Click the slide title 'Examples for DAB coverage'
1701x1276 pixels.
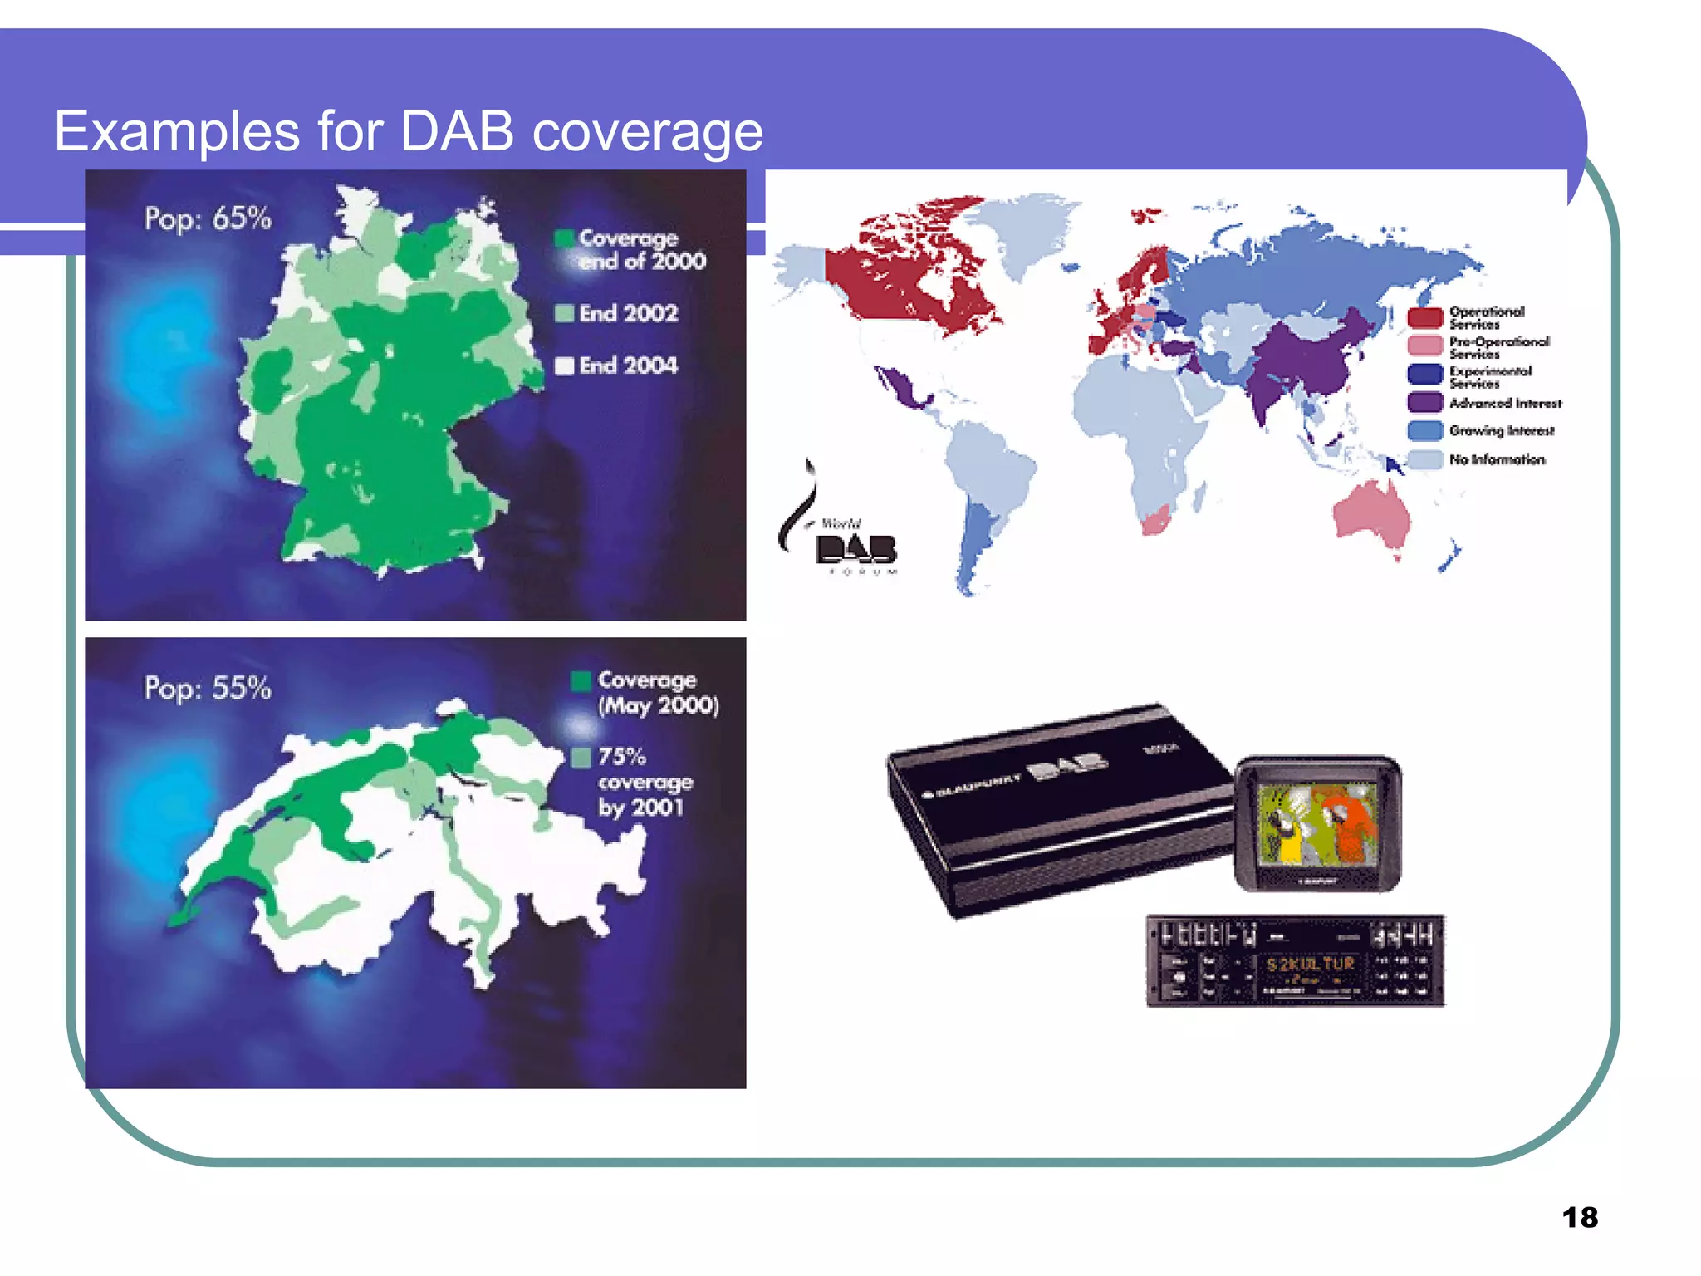pos(408,131)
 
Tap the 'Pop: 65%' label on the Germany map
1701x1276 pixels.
pos(208,218)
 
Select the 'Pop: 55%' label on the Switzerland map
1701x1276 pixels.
pos(208,688)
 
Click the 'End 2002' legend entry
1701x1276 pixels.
pos(627,313)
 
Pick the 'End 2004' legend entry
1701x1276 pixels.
pos(627,366)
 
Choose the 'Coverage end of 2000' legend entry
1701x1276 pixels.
pos(640,249)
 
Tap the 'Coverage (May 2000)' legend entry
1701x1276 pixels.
pos(656,692)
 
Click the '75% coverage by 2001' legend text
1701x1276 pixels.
pos(644,782)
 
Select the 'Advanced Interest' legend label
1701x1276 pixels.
pos(1504,404)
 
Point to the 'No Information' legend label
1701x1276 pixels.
pos(1496,459)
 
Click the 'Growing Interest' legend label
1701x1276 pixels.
pos(1500,430)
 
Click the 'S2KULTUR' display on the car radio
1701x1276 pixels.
pos(1310,964)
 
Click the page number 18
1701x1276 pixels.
pos(1579,1218)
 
